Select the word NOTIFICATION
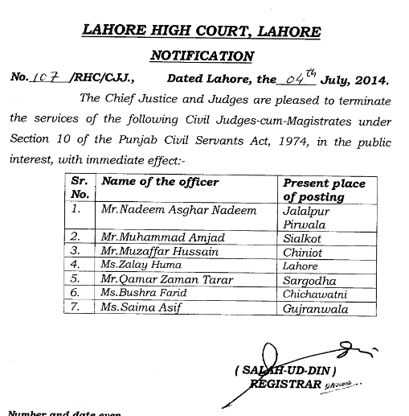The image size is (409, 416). tap(202, 56)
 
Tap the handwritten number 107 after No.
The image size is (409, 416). tap(43, 80)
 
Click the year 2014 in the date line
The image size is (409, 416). tap(370, 80)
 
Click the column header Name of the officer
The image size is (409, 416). tap(160, 183)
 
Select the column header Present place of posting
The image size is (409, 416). tap(324, 190)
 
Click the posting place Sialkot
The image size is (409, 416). tap(303, 238)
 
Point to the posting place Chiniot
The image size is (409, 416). tap(304, 251)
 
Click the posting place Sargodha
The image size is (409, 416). tap(309, 279)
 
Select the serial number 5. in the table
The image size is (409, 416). tap(76, 279)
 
